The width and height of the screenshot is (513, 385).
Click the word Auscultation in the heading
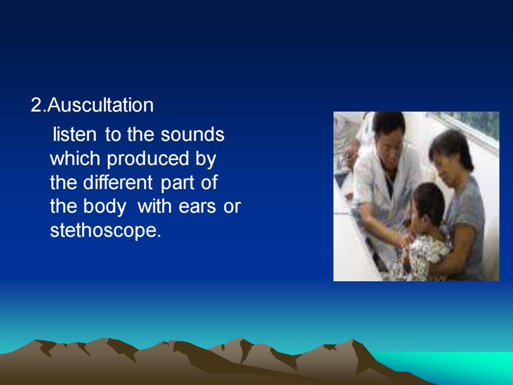pyautogui.click(x=101, y=105)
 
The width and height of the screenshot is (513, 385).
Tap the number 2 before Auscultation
pyautogui.click(x=36, y=105)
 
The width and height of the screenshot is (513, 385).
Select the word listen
pyautogui.click(x=74, y=134)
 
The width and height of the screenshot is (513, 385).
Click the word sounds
pyautogui.click(x=193, y=134)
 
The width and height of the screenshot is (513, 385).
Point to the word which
pyautogui.click(x=75, y=158)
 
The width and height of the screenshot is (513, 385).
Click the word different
pyautogui.click(x=118, y=182)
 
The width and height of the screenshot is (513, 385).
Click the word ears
pyautogui.click(x=197, y=206)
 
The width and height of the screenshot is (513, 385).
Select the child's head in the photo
pyautogui.click(x=429, y=204)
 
